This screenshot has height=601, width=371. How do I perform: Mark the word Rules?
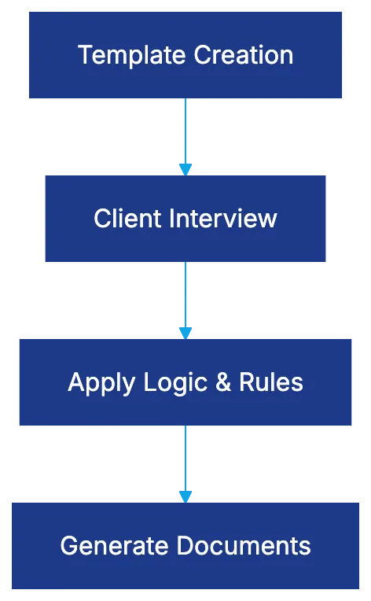click(x=271, y=382)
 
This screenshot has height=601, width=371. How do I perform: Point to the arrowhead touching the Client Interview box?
click(x=185, y=168)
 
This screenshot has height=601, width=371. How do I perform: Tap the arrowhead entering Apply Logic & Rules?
click(x=185, y=332)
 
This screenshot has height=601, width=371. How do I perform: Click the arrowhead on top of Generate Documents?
click(x=185, y=496)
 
